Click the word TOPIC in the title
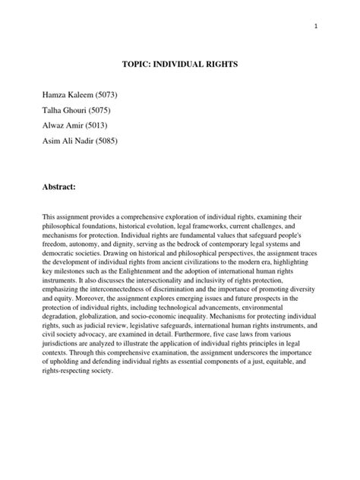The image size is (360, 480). (x=137, y=65)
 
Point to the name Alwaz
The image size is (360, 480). (x=59, y=125)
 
